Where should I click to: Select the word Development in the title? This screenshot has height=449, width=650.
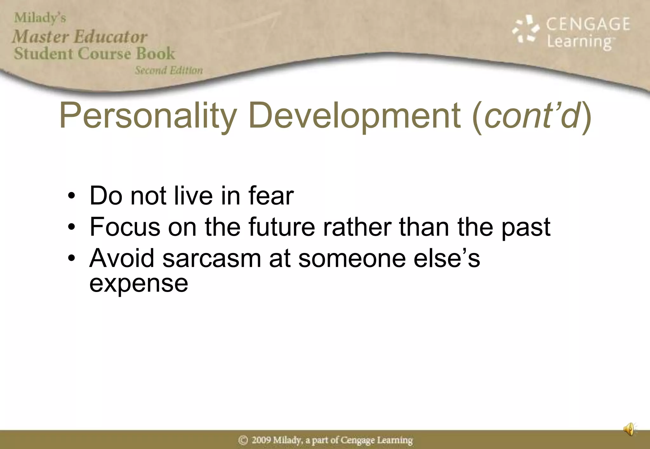(x=355, y=116)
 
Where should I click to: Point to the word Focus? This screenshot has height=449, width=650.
(x=125, y=227)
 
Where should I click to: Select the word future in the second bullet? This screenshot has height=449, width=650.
(x=282, y=227)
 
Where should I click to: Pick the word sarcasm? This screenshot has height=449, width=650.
(x=212, y=258)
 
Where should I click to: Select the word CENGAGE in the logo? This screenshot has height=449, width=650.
(x=588, y=24)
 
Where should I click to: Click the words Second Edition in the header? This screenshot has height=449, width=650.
(x=169, y=70)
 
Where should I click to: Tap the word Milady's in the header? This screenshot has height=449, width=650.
(x=40, y=18)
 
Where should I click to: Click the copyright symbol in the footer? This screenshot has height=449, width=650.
(x=243, y=440)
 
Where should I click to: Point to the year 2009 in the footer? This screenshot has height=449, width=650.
(x=261, y=440)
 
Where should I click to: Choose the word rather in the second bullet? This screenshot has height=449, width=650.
(x=357, y=227)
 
